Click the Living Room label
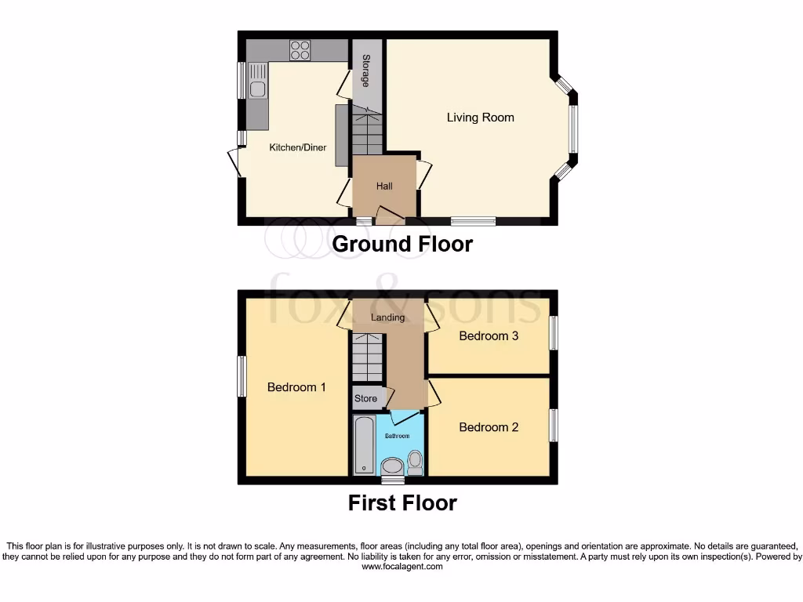point(480,118)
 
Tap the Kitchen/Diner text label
point(298,147)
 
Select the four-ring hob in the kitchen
point(300,50)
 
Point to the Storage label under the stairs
point(366,71)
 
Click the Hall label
point(384,187)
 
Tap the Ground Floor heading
point(402,244)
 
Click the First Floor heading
point(402,502)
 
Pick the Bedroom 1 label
point(296,387)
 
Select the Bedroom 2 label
point(489,427)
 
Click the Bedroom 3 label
point(489,336)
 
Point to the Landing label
point(388,317)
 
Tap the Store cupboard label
point(365,398)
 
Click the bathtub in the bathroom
point(364,444)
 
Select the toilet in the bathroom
point(415,463)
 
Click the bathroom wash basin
point(391,468)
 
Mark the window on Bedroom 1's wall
point(242,376)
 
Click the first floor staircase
point(367,357)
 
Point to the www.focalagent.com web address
point(401,567)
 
